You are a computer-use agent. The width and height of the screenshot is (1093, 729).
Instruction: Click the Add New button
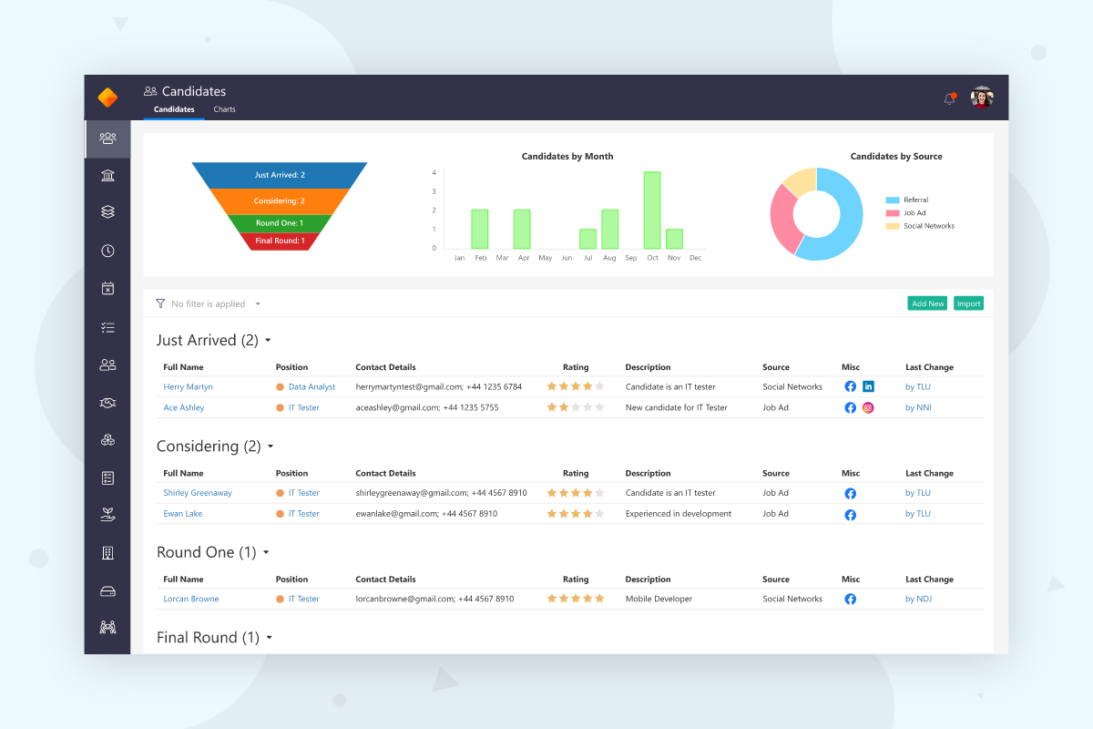click(x=927, y=303)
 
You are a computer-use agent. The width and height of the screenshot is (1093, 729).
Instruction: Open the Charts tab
click(x=224, y=109)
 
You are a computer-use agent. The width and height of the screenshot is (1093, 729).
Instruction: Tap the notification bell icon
click(x=949, y=98)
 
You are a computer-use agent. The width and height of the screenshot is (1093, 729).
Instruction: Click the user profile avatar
click(x=982, y=98)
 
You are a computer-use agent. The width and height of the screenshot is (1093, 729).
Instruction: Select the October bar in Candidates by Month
click(x=652, y=210)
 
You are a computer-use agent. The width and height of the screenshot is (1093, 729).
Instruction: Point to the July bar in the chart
click(x=588, y=239)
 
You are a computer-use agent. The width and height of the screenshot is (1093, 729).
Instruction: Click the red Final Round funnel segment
click(x=280, y=241)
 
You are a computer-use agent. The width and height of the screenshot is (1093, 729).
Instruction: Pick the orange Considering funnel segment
click(x=280, y=201)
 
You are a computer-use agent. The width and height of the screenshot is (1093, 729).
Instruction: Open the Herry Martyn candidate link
click(x=188, y=386)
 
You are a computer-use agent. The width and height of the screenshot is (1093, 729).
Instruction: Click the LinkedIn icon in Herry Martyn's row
click(x=868, y=386)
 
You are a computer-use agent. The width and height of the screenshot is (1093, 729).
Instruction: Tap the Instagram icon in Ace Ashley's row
click(x=868, y=407)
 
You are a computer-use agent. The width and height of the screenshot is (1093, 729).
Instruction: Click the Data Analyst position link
click(x=312, y=386)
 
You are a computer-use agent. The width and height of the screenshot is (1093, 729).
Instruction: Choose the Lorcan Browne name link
click(x=190, y=599)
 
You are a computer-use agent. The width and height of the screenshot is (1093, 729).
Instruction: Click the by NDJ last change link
click(x=918, y=599)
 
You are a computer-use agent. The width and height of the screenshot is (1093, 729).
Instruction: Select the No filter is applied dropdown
click(x=209, y=303)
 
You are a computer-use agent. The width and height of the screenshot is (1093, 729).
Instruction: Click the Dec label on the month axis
click(x=695, y=258)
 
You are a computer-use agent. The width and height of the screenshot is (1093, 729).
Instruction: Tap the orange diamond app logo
click(x=107, y=98)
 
